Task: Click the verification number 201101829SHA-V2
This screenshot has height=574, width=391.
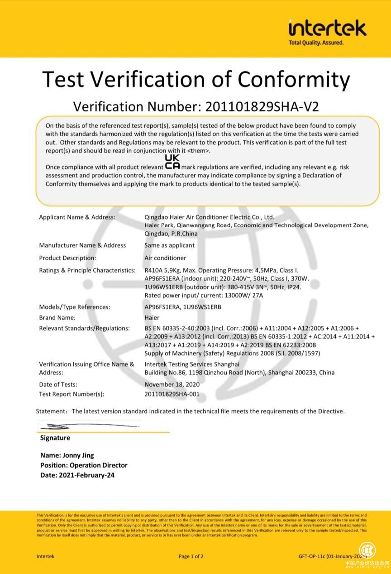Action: (262, 106)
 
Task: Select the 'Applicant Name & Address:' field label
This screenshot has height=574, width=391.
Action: (77, 217)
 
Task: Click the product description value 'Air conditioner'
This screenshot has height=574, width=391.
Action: (165, 258)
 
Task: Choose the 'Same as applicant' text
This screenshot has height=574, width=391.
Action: (169, 245)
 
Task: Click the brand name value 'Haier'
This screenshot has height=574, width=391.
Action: (152, 318)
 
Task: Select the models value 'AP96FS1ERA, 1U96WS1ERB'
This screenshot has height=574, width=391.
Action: (182, 307)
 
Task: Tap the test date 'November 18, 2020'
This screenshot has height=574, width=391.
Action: (172, 385)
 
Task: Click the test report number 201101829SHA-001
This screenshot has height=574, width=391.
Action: (172, 394)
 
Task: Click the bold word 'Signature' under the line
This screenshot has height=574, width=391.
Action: (55, 438)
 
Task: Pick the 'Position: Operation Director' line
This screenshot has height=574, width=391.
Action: (84, 465)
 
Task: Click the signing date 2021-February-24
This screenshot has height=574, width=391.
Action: (86, 475)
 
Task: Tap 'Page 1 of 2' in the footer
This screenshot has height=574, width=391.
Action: (191, 556)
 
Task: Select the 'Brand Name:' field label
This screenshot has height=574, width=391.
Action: (57, 318)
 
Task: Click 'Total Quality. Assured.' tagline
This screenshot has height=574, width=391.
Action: (316, 43)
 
